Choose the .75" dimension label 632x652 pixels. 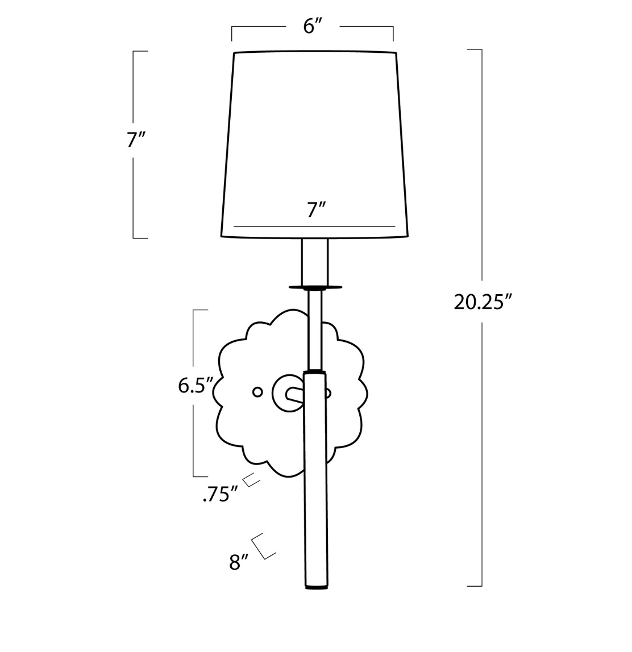[220, 495]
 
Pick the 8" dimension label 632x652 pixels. [238, 562]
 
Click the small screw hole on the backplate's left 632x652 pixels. [258, 391]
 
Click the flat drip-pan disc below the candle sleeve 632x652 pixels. [315, 287]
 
